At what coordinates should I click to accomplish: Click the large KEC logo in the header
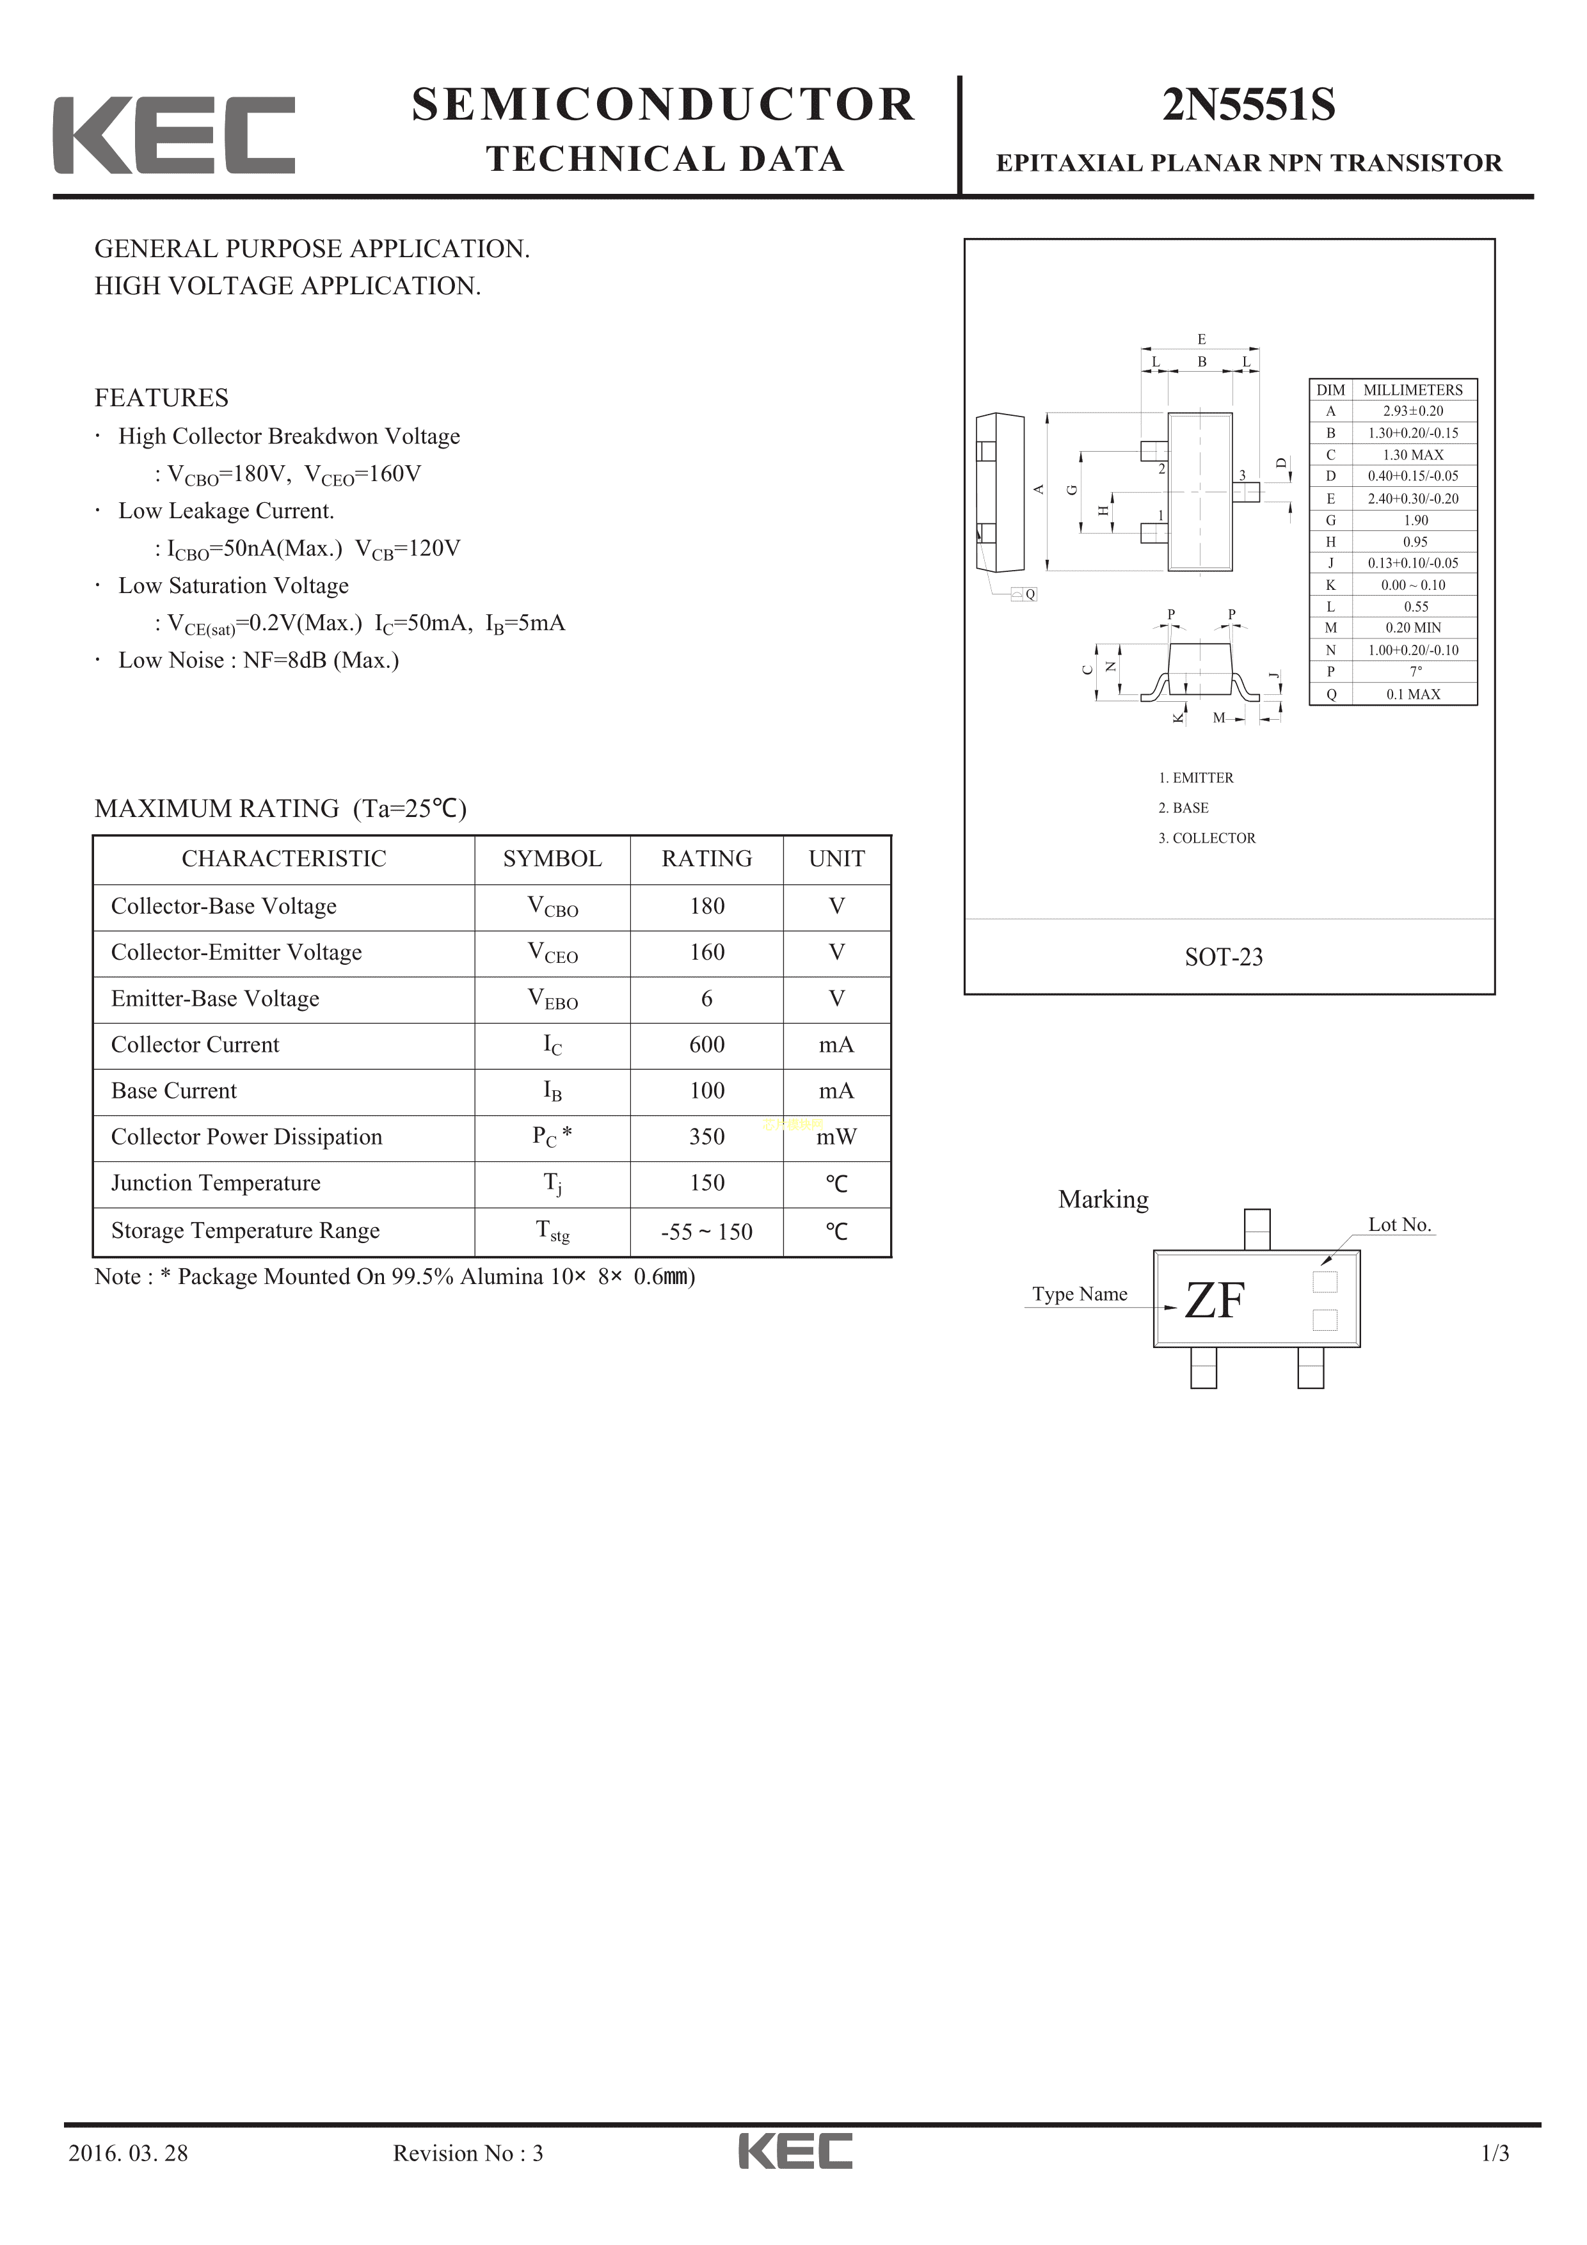174,135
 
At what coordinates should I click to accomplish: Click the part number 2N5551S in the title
1248,106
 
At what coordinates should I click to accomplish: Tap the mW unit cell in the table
836,1136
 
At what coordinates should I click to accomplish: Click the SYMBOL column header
552,859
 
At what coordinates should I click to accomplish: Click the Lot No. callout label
1400,1224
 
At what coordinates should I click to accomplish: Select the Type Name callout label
1080,1294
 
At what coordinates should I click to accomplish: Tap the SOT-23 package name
1224,957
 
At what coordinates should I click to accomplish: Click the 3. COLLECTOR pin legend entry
1207,838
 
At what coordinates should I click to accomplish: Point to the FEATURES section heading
161,398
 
